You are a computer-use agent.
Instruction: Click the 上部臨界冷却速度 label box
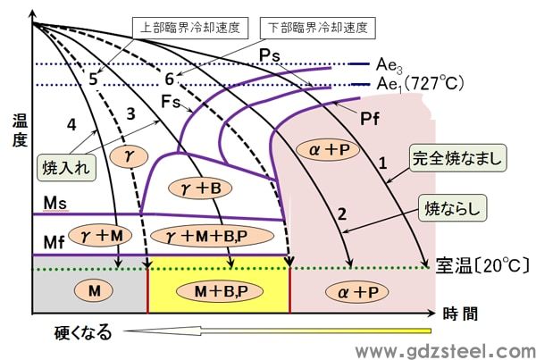click(x=190, y=28)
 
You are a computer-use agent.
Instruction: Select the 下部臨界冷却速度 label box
click(x=317, y=28)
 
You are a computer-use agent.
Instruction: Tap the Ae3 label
click(x=389, y=65)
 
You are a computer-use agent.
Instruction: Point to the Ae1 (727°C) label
click(x=420, y=84)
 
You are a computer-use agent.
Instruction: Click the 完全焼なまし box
click(x=457, y=158)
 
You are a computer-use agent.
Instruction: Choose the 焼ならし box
click(x=452, y=208)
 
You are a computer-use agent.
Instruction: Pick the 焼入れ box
click(x=67, y=168)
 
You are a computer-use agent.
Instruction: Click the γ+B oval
click(x=201, y=188)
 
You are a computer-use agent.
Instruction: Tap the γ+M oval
click(x=100, y=236)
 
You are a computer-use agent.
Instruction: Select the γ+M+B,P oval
click(x=212, y=236)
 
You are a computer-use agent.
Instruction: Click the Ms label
click(x=54, y=204)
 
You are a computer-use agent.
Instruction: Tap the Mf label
click(x=54, y=243)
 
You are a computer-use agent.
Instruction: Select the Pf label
click(x=370, y=119)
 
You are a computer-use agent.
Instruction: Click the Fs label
click(x=170, y=102)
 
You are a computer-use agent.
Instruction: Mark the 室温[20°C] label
click(x=482, y=265)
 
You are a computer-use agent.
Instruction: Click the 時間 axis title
click(x=460, y=314)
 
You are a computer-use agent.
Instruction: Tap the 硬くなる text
click(x=83, y=332)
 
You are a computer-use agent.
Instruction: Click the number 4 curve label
click(x=71, y=125)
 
